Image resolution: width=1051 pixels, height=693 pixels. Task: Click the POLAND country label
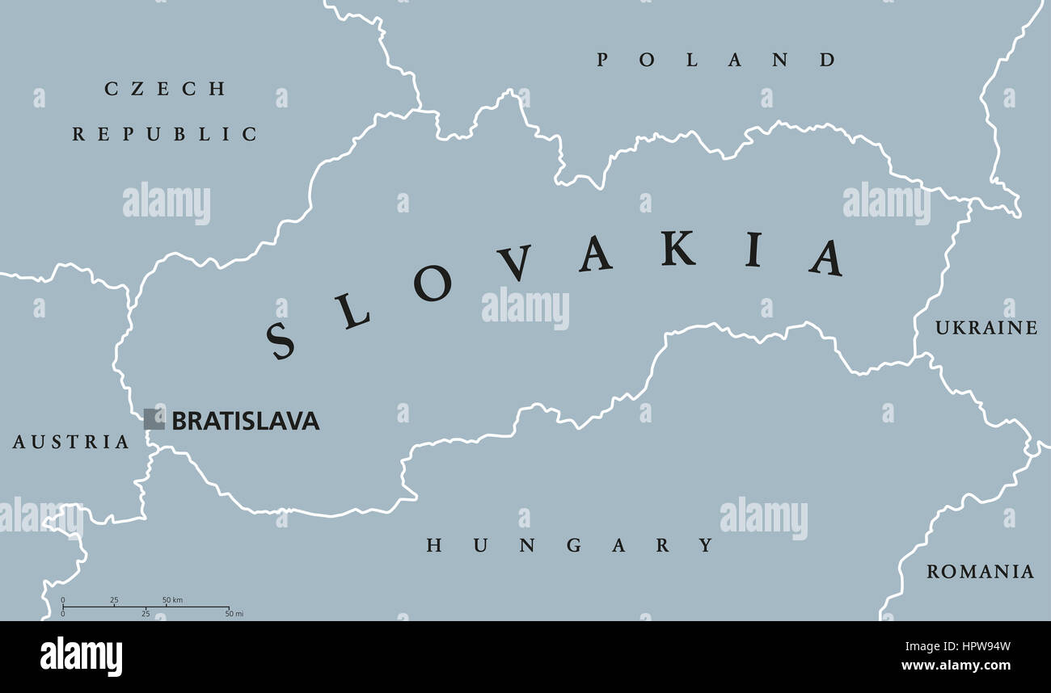tap(716, 60)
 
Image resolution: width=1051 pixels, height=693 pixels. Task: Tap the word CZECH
tap(165, 89)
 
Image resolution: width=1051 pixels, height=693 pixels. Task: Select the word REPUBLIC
tap(165, 134)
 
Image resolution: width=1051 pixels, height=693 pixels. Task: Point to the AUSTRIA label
tap(71, 442)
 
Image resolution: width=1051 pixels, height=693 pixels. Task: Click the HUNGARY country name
tap(570, 545)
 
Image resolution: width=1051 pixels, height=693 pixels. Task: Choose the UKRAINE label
tap(986, 328)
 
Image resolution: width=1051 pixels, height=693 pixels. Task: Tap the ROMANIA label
tap(980, 572)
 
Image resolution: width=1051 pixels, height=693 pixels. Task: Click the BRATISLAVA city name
tap(246, 421)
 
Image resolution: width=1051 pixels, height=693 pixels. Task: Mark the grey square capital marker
tap(154, 419)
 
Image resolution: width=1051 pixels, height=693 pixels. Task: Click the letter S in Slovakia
tap(281, 340)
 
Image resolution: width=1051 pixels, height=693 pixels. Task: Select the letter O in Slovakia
tap(433, 283)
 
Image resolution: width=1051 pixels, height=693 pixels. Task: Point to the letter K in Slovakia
tap(677, 249)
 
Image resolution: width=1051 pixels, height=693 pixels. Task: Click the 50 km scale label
tap(172, 599)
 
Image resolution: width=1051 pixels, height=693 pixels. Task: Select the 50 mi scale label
tap(234, 615)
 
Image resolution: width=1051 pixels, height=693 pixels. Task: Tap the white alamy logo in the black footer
tap(81, 657)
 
